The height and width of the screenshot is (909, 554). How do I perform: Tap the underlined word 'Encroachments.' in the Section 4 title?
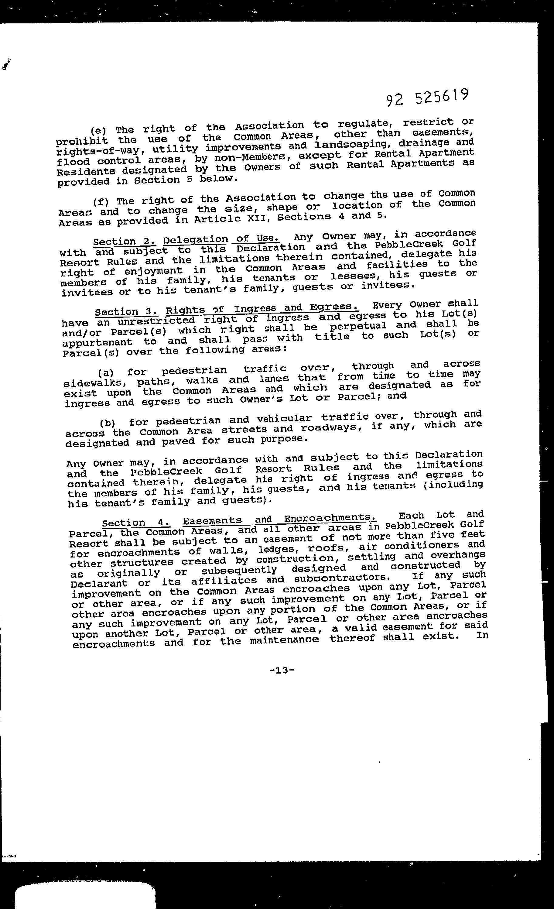[x=330, y=518]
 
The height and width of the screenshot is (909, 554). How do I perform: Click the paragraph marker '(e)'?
[x=98, y=130]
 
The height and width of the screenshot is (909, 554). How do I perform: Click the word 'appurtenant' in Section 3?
[x=97, y=342]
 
